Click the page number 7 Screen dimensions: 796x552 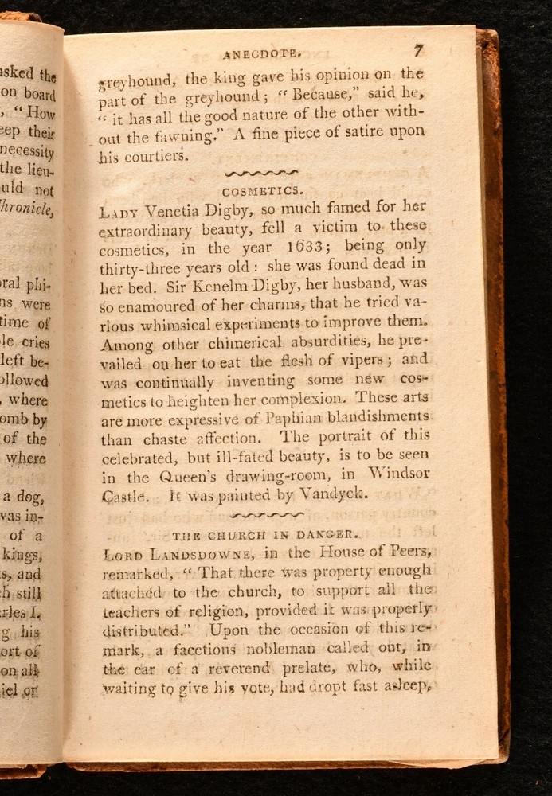419,51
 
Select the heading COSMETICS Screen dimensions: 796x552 262,191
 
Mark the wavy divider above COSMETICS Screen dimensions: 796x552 262,173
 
